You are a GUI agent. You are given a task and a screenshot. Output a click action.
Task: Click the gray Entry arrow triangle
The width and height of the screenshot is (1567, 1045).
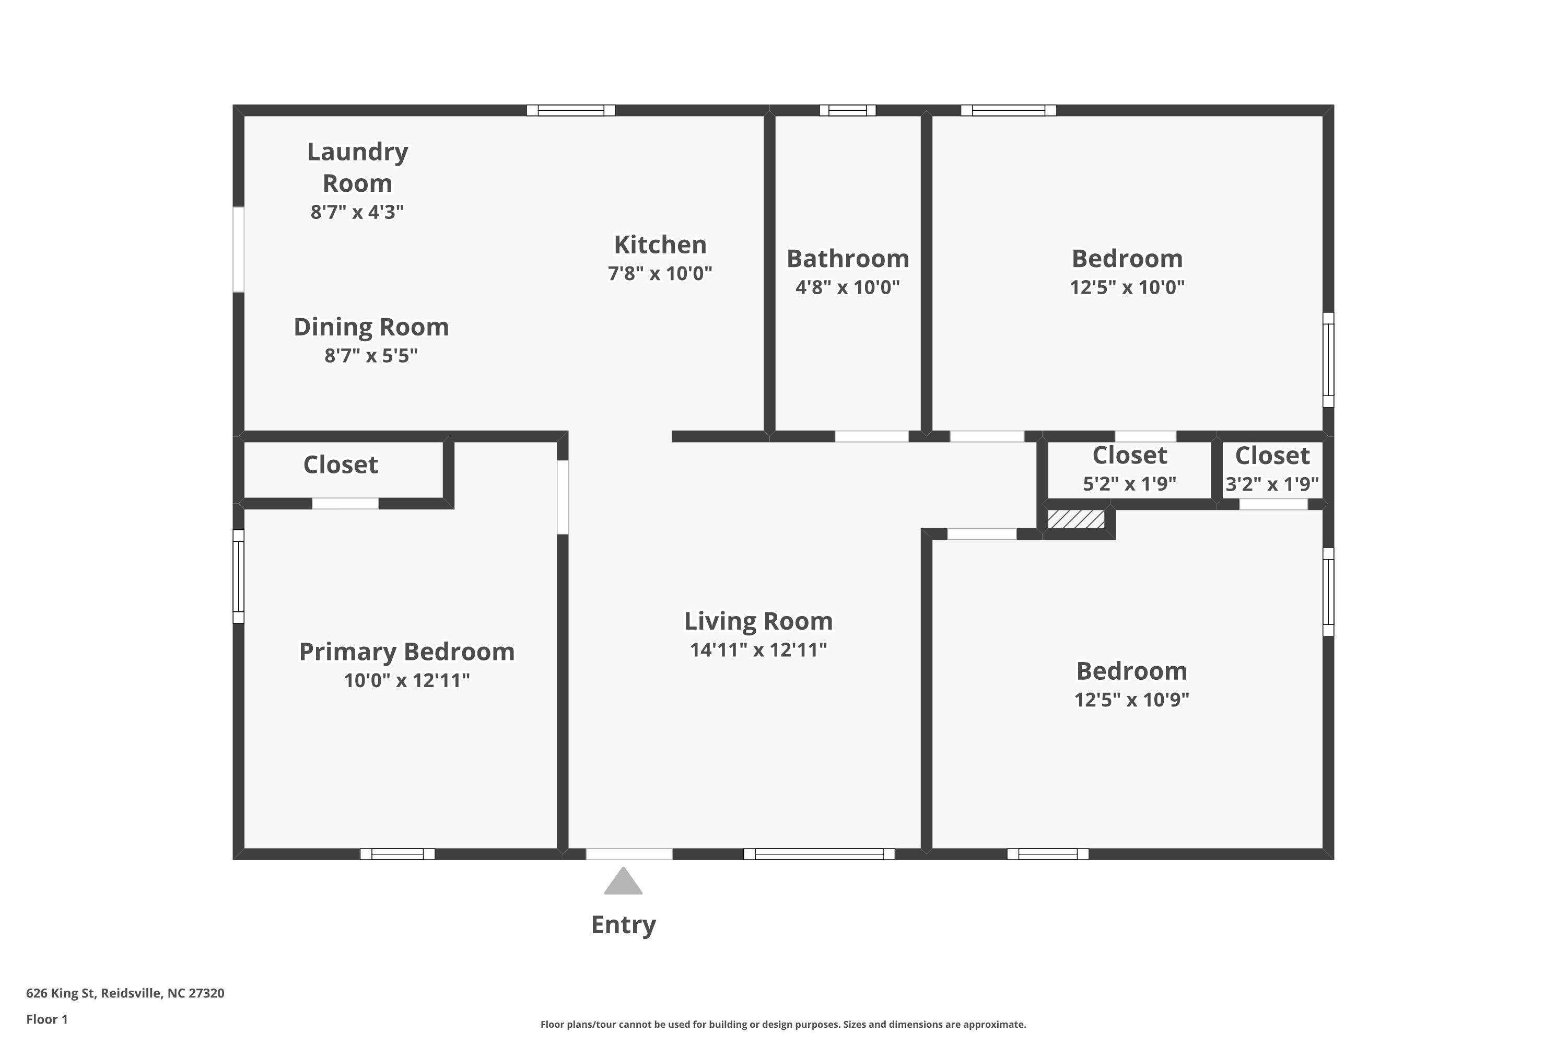[623, 883]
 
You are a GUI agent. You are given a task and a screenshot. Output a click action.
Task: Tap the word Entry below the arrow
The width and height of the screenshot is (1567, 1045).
[623, 925]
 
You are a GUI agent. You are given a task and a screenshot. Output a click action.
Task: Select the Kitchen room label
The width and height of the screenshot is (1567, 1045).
[660, 245]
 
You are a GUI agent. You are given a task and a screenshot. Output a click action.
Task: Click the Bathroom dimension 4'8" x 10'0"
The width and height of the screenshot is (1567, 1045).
[847, 287]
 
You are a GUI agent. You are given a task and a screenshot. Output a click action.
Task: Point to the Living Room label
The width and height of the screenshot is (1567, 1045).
[758, 621]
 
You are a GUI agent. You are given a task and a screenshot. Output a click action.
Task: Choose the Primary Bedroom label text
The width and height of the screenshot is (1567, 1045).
[406, 652]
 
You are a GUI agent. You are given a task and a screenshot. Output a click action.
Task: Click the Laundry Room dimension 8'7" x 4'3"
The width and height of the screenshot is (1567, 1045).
[357, 212]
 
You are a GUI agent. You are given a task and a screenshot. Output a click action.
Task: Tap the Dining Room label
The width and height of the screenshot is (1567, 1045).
[371, 327]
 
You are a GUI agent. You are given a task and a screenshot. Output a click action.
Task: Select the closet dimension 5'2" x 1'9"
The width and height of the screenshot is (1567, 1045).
[1129, 484]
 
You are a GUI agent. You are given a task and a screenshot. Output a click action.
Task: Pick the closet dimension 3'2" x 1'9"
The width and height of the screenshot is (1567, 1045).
[1272, 484]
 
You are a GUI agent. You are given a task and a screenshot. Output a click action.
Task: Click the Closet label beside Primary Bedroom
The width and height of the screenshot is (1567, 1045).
[341, 465]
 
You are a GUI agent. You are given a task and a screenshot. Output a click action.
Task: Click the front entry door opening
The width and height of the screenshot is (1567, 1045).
[629, 854]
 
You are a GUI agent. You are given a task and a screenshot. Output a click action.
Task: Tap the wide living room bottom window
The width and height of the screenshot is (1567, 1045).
[819, 854]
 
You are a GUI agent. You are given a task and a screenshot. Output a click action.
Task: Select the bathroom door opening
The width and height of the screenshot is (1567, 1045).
[871, 436]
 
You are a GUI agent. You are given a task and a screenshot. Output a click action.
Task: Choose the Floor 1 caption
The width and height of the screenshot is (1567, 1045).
[46, 1019]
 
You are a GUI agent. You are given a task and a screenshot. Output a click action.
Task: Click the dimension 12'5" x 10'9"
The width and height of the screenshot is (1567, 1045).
[1131, 700]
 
